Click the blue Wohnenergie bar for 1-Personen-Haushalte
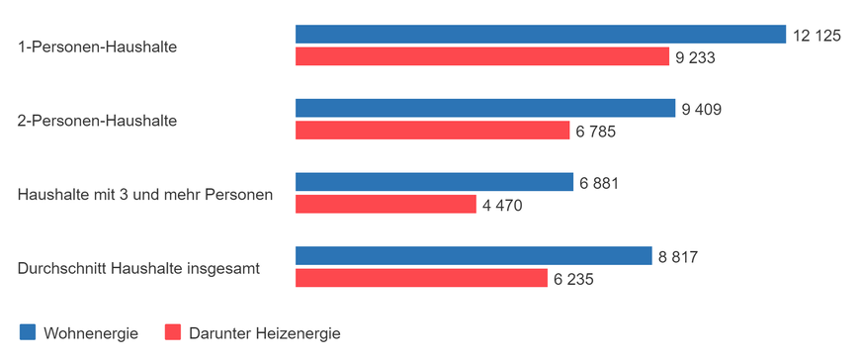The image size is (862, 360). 540,35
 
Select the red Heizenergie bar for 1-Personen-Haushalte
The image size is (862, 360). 482,57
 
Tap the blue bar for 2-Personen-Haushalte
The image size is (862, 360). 485,108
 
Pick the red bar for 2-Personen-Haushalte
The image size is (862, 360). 433,131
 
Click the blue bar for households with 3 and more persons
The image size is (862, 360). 434,182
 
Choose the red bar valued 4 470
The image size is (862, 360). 387,205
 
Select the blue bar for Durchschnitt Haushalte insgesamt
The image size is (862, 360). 474,256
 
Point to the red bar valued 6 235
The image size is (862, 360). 421,279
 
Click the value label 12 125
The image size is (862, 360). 816,36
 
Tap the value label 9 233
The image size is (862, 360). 695,58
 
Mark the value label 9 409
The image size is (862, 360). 701,109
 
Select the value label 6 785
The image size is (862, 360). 595,132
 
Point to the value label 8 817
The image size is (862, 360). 678,257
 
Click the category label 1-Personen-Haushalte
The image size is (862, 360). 97,46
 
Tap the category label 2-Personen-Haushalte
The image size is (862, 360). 97,121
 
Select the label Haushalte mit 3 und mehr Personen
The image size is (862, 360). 145,194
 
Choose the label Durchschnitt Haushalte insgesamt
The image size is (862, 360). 138,268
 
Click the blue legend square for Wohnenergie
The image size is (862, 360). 27,333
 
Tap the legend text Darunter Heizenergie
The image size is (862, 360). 266,333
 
